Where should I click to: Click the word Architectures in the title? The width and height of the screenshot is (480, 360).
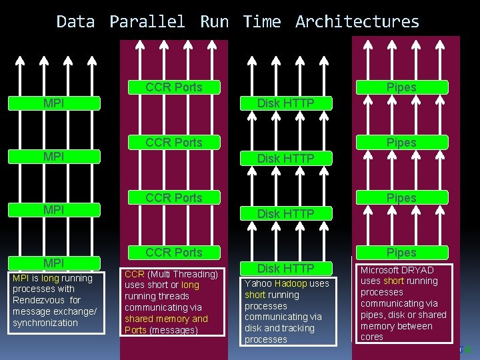coord(357,21)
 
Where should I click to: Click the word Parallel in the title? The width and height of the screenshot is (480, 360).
coord(147,21)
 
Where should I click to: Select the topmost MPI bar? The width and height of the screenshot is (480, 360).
coord(54,103)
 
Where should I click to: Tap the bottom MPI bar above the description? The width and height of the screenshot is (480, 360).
coord(54,263)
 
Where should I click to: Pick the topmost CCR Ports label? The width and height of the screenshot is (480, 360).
coord(173,87)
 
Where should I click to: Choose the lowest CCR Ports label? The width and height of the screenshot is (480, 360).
coord(173,252)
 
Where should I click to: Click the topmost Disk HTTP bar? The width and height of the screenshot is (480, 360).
coord(286,103)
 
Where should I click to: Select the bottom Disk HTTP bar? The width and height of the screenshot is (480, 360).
coord(286,268)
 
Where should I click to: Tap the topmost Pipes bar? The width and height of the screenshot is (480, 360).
coord(401,87)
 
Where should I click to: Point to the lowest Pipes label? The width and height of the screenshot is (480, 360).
coord(401,252)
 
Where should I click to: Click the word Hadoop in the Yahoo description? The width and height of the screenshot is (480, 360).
coord(291,283)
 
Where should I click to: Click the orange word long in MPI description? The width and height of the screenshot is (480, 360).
coord(50,277)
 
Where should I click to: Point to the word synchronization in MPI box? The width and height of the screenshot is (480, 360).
coord(45,323)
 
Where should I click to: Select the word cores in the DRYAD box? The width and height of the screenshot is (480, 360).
coord(372,337)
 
